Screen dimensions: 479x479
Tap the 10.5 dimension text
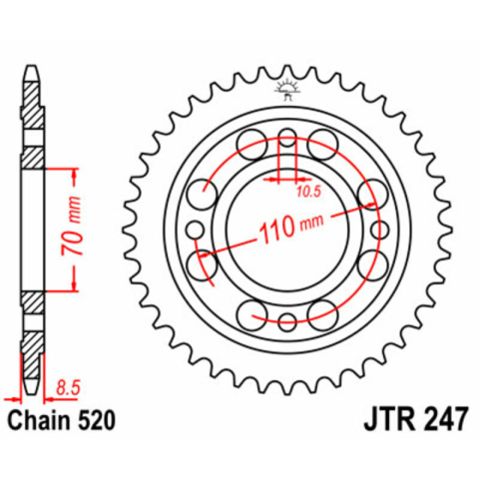(x=308, y=192)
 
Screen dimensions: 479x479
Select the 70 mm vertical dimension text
(x=71, y=227)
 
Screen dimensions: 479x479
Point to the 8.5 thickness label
(x=68, y=388)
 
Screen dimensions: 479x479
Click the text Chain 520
(x=62, y=420)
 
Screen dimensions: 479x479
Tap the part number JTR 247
(x=416, y=420)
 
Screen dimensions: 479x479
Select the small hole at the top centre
(x=286, y=137)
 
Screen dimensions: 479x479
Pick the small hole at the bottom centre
(x=286, y=322)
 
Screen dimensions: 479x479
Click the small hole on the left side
(x=195, y=230)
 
